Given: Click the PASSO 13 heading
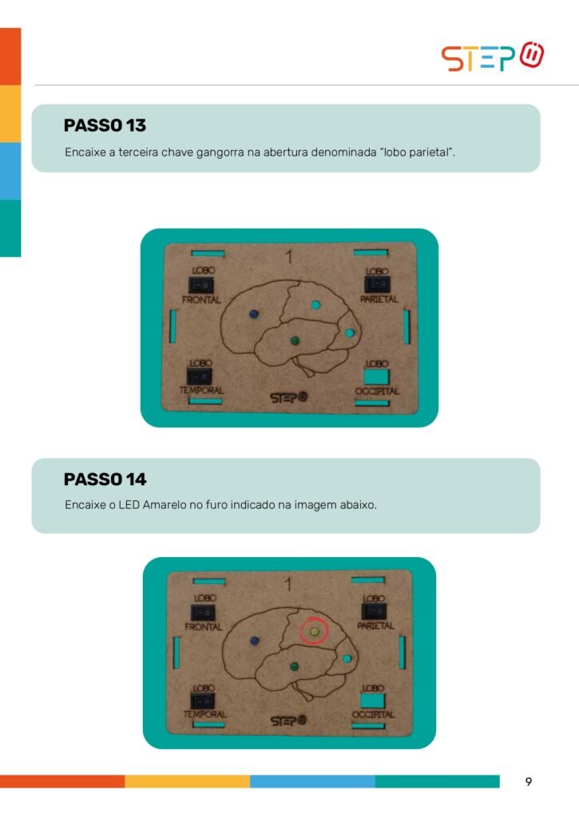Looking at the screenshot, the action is click(x=105, y=125).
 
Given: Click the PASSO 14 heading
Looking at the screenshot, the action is click(x=105, y=480).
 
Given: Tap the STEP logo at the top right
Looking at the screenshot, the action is click(x=493, y=57).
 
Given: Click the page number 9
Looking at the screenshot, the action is click(x=529, y=782).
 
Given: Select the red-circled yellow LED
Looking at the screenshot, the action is click(x=314, y=632).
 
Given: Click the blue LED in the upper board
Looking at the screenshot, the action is click(x=253, y=314).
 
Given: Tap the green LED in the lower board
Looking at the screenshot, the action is click(x=294, y=667).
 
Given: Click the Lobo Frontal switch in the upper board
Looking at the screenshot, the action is click(x=200, y=285).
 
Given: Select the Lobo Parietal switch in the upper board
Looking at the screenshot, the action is click(x=377, y=285).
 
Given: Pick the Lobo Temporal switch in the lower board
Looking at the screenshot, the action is click(x=202, y=701).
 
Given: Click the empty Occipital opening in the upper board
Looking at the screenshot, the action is click(x=376, y=377).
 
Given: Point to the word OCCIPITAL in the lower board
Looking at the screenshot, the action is click(x=373, y=715).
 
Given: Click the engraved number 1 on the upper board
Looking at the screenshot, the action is click(x=289, y=256).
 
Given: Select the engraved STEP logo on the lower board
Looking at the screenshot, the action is click(x=288, y=720).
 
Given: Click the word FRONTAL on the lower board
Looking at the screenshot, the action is click(x=204, y=627).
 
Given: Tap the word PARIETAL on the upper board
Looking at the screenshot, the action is click(x=379, y=300).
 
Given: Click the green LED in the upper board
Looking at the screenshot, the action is click(x=295, y=341).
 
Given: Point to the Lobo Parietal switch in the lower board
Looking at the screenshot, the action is click(x=374, y=611).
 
